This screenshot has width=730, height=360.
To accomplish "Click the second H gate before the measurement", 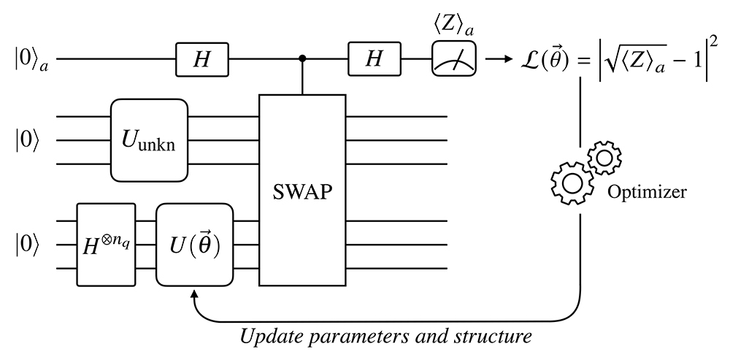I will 374,59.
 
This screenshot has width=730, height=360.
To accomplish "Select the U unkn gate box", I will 150,140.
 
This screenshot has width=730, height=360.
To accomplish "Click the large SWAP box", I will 303,192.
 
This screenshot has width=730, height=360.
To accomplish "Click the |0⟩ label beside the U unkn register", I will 26,140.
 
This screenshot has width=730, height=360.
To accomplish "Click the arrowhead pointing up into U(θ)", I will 195,294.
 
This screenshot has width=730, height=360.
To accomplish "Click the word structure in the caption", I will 497,338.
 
